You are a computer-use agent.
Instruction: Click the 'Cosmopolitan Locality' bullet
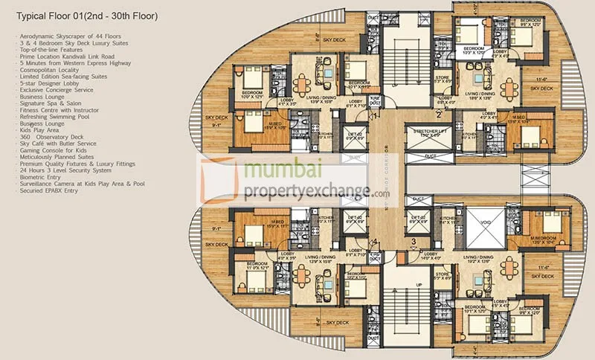click(x=49, y=71)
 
